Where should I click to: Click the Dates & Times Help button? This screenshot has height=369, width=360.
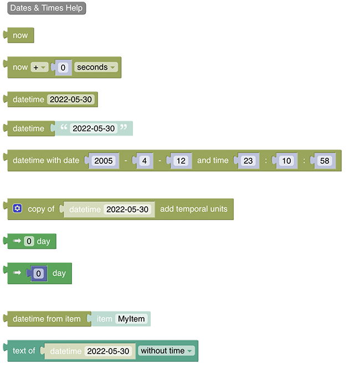[x=47, y=8]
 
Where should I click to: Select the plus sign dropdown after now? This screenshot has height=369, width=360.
[x=39, y=67]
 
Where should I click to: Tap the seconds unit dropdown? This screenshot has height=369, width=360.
[x=96, y=67]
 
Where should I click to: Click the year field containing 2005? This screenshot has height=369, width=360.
[x=104, y=160]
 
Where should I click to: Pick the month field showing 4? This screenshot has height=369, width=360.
[x=144, y=160]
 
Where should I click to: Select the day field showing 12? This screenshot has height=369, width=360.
[x=180, y=160]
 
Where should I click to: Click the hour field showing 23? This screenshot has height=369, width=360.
[x=248, y=160]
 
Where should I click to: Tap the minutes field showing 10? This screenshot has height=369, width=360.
[x=286, y=160]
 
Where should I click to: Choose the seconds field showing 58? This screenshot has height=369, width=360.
[x=325, y=160]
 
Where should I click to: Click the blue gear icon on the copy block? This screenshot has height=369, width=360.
[x=17, y=209]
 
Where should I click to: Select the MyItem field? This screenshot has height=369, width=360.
[x=131, y=319]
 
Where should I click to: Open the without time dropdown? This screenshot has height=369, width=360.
[x=166, y=351]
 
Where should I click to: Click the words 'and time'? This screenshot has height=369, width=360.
[x=213, y=160]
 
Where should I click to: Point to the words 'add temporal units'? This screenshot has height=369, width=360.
[x=194, y=209]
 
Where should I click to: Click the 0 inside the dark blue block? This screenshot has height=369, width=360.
[x=38, y=273]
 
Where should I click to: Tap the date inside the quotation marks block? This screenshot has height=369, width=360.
[x=94, y=128]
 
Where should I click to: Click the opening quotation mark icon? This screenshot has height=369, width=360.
[x=63, y=128]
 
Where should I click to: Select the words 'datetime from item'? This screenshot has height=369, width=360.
[x=47, y=319]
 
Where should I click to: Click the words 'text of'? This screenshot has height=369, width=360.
[x=24, y=351]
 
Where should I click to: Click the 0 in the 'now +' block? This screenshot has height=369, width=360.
[x=63, y=67]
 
